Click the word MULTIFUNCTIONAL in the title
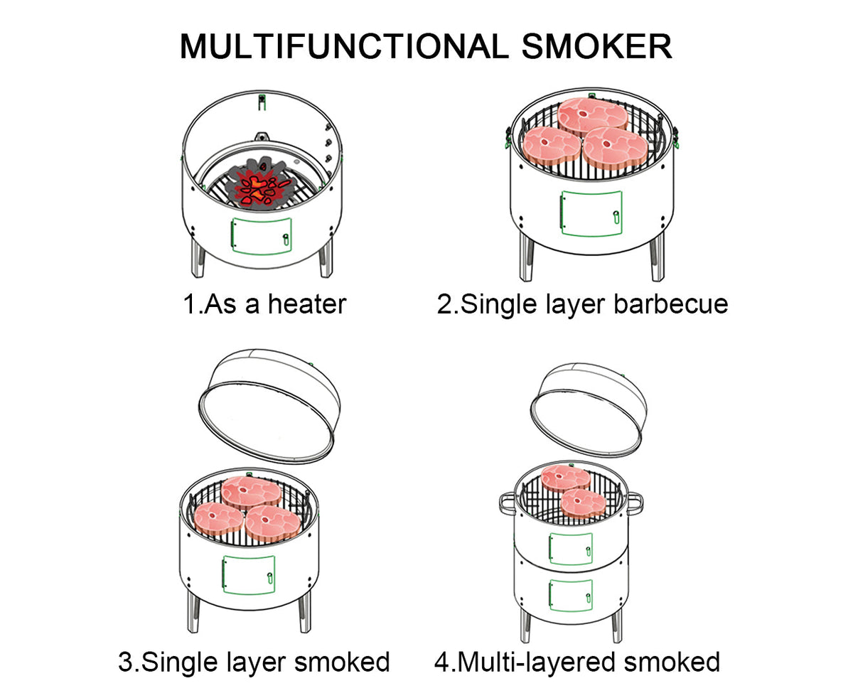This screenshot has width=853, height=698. pyautogui.click(x=344, y=47)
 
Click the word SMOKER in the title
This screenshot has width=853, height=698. pyautogui.click(x=596, y=47)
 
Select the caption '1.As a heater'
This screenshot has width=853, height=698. pyautogui.click(x=264, y=304)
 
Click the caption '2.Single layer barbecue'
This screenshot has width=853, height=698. pyautogui.click(x=582, y=304)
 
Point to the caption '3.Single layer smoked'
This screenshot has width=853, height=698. pyautogui.click(x=254, y=662)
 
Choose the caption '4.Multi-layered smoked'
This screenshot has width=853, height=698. pyautogui.click(x=577, y=662)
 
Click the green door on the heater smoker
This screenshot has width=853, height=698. pyautogui.click(x=260, y=235)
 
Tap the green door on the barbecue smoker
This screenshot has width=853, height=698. pyautogui.click(x=591, y=213)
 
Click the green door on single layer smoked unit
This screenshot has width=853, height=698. pyautogui.click(x=249, y=574)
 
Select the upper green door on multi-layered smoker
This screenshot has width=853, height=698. pyautogui.click(x=570, y=549)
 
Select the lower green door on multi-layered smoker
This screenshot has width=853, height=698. pyautogui.click(x=570, y=594)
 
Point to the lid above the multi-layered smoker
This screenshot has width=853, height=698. pyautogui.click(x=589, y=409)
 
